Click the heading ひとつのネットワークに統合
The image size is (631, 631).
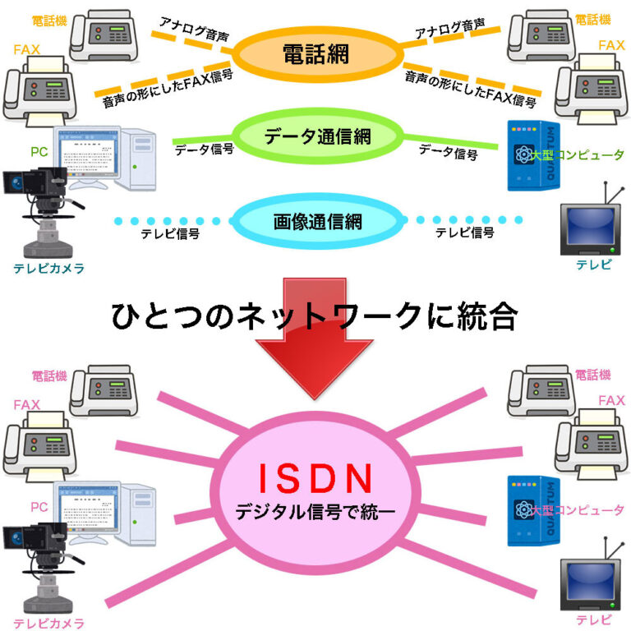pyautogui.click(x=315, y=317)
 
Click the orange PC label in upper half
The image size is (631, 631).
pyautogui.click(x=39, y=151)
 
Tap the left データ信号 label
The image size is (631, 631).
pyautogui.click(x=204, y=150)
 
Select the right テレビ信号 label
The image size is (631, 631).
pyautogui.click(x=464, y=233)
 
